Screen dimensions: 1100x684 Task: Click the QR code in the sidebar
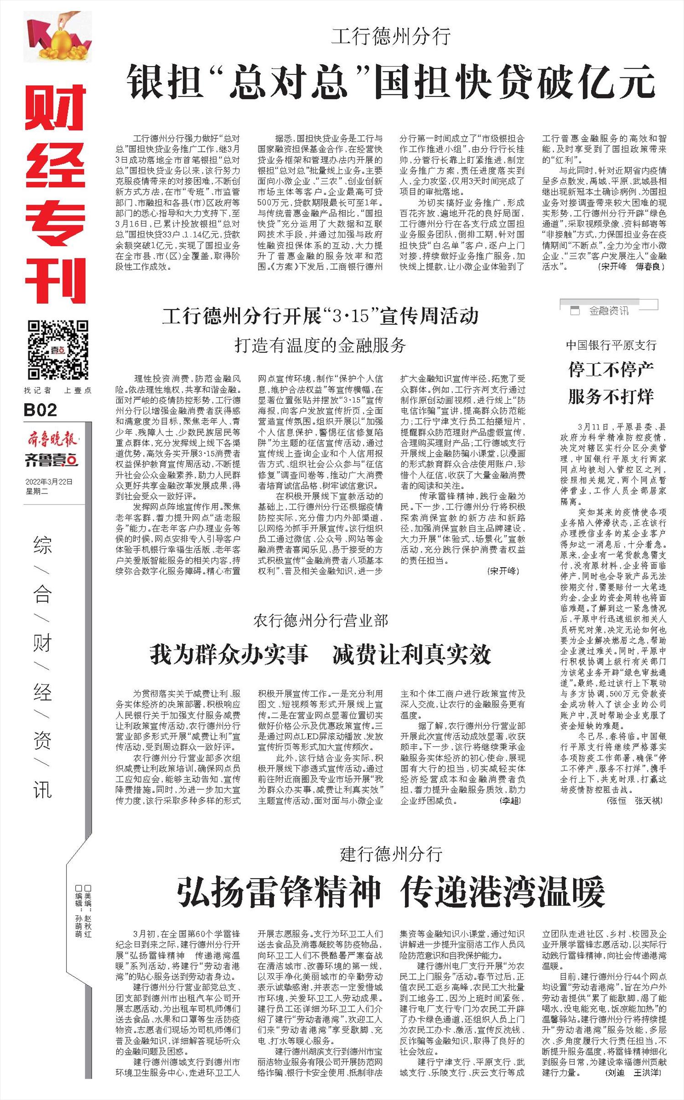pyautogui.click(x=58, y=350)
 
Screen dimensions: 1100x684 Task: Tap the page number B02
pyautogui.click(x=41, y=410)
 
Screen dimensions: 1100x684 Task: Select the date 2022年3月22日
pyautogui.click(x=49, y=482)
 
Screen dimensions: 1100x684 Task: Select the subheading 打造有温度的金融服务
pyautogui.click(x=320, y=345)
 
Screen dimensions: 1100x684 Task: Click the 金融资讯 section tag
pyautogui.click(x=608, y=311)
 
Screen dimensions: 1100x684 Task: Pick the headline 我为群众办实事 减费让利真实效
pyautogui.click(x=320, y=655)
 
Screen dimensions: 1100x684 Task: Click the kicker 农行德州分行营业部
pyautogui.click(x=320, y=621)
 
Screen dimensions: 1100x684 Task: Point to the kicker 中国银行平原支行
pyautogui.click(x=611, y=345)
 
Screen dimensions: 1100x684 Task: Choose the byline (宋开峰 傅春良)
pyautogui.click(x=631, y=267)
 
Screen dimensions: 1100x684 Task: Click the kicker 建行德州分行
pyautogui.click(x=391, y=854)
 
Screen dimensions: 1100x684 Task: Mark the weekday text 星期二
pyautogui.click(x=37, y=491)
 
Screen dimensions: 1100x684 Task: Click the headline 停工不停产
pyautogui.click(x=611, y=370)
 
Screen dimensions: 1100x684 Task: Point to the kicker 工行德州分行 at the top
pyautogui.click(x=391, y=36)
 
